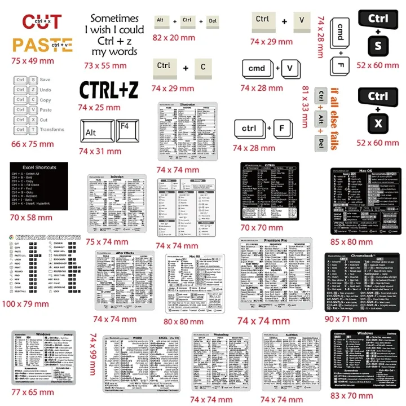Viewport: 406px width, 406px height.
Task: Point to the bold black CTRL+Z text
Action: (108, 90)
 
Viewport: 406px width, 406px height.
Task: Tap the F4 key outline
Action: (130, 132)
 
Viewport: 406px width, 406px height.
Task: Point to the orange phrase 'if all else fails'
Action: (334, 118)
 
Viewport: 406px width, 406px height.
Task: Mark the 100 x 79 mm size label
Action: (25, 304)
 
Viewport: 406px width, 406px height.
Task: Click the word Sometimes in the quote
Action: (114, 19)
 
